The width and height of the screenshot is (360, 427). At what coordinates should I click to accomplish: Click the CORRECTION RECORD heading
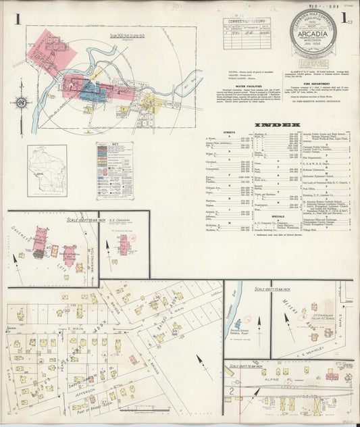click(x=247, y=22)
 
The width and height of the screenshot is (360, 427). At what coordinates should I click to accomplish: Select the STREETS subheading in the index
click(x=230, y=134)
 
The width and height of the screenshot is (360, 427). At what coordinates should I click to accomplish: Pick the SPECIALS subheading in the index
click(x=230, y=216)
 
